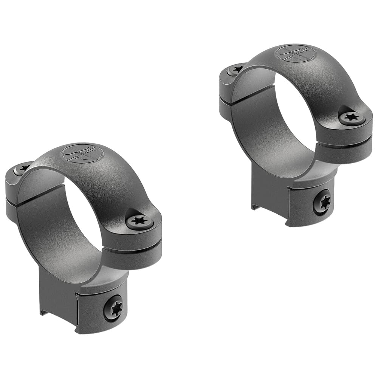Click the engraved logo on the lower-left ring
82,153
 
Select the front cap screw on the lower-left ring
139,222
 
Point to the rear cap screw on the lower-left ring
23,168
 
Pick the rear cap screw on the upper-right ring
236,69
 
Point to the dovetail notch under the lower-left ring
44,312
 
